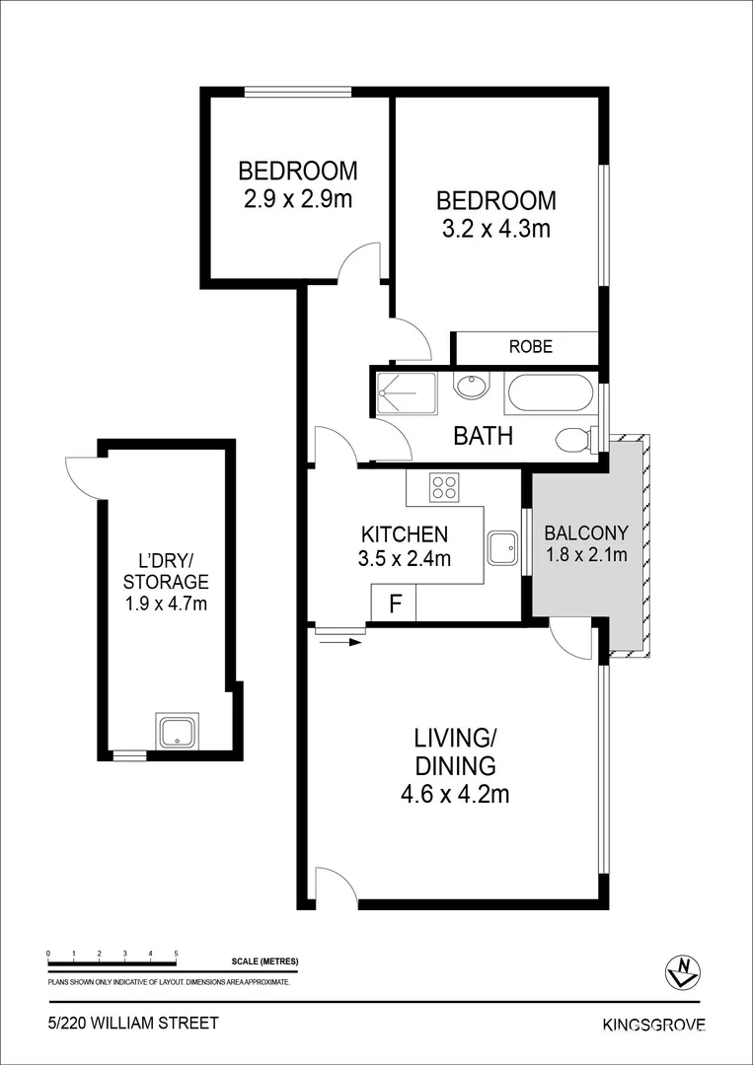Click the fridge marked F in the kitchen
[394, 603]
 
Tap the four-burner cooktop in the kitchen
[444, 486]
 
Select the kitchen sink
[503, 547]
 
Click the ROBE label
[531, 347]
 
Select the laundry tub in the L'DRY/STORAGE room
[177, 731]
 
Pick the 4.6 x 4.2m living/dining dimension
[455, 793]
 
